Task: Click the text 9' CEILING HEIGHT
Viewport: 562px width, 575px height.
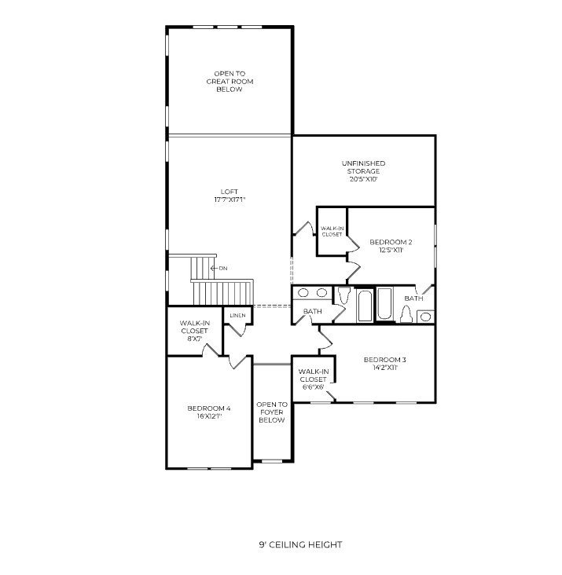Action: (300, 544)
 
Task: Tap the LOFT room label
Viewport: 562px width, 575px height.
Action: (230, 192)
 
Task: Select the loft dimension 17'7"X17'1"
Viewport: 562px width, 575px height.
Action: (230, 200)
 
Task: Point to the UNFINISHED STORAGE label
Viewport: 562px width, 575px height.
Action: (364, 167)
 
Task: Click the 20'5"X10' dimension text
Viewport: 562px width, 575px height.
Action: (364, 179)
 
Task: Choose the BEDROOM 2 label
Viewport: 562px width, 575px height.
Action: (391, 242)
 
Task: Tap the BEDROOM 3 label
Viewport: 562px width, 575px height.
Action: (385, 360)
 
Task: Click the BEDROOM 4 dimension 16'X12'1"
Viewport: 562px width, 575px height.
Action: (209, 416)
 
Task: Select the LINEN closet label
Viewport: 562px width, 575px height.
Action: (237, 315)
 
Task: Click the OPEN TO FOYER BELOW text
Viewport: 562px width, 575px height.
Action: (272, 412)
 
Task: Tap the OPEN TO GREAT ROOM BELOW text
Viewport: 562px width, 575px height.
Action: (230, 82)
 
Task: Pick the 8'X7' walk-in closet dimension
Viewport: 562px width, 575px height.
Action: (195, 339)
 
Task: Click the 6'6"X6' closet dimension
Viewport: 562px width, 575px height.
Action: (313, 387)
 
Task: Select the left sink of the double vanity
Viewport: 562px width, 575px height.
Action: (303, 293)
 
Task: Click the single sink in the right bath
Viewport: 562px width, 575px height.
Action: (425, 317)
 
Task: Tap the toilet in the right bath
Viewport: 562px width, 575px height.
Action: (406, 315)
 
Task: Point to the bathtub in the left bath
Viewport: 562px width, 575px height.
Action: (365, 306)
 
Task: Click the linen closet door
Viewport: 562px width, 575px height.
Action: (237, 330)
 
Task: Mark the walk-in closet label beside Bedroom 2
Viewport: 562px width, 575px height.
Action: (332, 232)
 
